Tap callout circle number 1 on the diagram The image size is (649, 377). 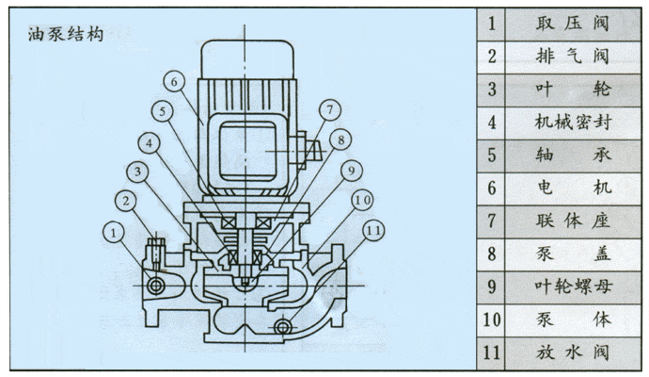pyautogui.click(x=115, y=231)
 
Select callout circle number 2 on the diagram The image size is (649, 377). pyautogui.click(x=126, y=200)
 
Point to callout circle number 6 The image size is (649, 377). pyautogui.click(x=174, y=81)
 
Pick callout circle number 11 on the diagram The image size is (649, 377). pyautogui.click(x=374, y=229)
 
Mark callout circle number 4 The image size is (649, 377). pyautogui.click(x=151, y=144)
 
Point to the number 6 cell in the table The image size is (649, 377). pyautogui.click(x=492, y=188)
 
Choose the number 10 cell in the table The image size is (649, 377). pyautogui.click(x=492, y=320)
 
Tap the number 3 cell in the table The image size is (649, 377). pyautogui.click(x=492, y=89)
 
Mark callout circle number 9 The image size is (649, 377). pyautogui.click(x=350, y=171)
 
